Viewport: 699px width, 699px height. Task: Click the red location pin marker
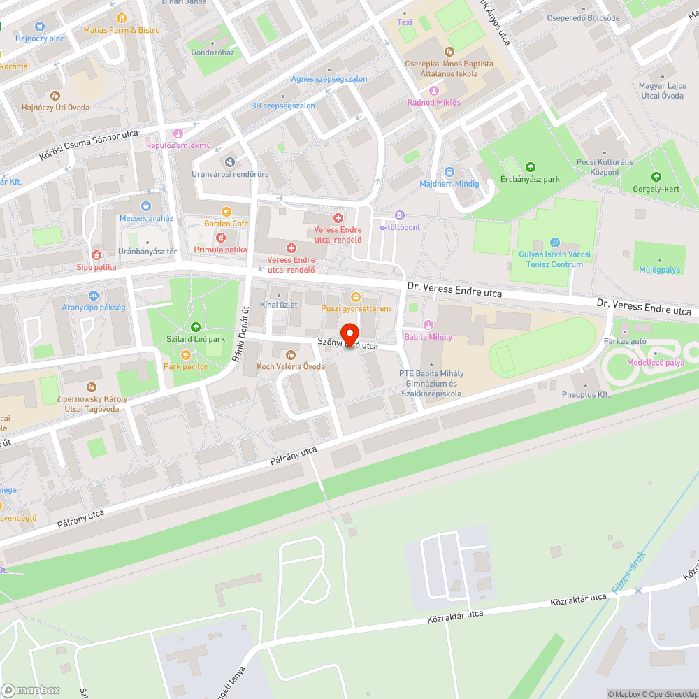point(349,334)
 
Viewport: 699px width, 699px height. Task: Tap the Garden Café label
point(226,224)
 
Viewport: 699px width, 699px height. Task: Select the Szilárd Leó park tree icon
point(195,326)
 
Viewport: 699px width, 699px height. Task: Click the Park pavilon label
point(186,366)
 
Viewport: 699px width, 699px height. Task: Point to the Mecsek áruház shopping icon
point(145,206)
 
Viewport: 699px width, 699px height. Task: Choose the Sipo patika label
point(96,266)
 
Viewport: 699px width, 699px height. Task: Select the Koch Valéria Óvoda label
point(290,366)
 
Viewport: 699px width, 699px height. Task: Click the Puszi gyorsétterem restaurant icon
point(356,296)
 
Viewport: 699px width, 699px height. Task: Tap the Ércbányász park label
point(530,179)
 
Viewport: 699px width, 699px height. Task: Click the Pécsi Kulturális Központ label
point(605,167)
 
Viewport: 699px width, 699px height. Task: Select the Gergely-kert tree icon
point(656,177)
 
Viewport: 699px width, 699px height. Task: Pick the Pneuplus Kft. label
point(586,394)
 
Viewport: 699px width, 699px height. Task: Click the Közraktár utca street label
point(578,598)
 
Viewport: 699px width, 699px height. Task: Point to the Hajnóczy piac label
point(39,38)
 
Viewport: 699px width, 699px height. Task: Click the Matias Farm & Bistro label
point(122,30)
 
